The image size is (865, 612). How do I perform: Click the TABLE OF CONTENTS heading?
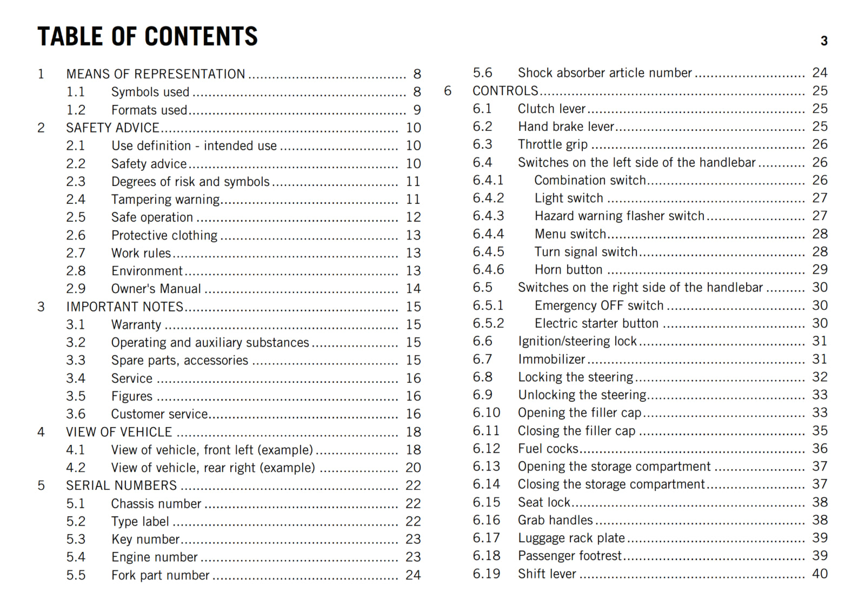point(147,37)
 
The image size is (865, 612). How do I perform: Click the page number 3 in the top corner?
point(824,41)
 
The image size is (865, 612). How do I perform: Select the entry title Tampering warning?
point(165,199)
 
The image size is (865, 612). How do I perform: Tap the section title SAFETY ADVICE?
point(112,128)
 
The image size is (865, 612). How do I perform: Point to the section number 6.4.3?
point(488,216)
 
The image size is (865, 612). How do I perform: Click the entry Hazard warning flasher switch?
point(620,216)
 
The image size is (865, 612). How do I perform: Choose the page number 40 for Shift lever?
point(820,574)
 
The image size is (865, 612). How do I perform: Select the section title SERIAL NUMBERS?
point(122,485)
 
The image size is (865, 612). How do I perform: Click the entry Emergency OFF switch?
point(599,305)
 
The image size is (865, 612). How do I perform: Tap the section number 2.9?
point(76,289)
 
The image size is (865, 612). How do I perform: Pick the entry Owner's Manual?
point(156,289)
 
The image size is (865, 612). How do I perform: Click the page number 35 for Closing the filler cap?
point(820,431)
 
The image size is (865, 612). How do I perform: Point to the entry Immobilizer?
point(551,360)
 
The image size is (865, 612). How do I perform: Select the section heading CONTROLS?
point(505,91)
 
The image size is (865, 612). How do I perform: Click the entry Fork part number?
point(160,575)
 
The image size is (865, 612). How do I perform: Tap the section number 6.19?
point(486,574)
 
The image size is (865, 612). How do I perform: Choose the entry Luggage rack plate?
point(571,538)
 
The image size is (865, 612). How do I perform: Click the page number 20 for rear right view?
point(413,468)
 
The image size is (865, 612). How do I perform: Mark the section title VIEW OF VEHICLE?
point(119,432)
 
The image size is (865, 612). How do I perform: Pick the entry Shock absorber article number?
point(605,73)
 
